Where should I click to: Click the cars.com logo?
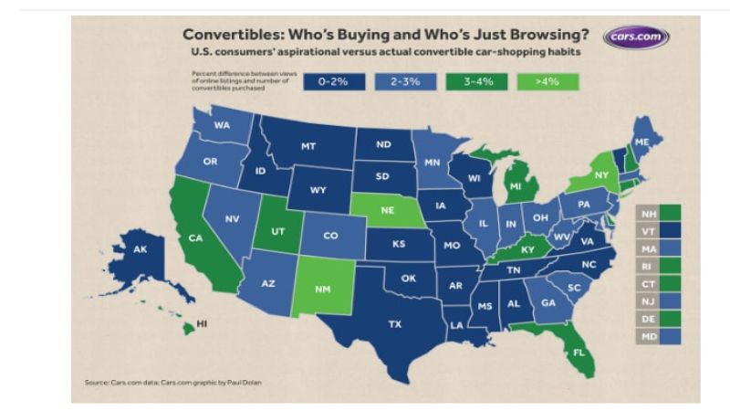click(635, 37)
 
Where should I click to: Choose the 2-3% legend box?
click(405, 81)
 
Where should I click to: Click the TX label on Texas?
click(395, 323)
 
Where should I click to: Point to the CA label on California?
click(195, 238)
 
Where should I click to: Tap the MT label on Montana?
click(308, 145)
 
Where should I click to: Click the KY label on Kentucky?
click(527, 248)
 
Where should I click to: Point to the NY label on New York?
click(601, 174)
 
